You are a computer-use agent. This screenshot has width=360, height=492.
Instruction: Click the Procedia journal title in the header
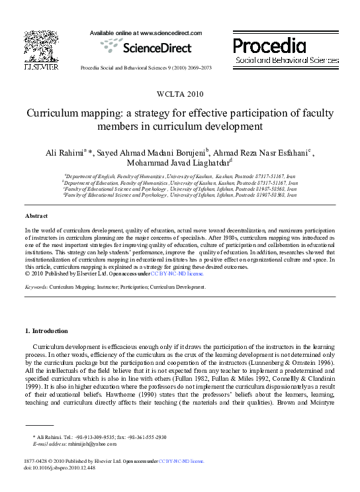(x=269, y=45)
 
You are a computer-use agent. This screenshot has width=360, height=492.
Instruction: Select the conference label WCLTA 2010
(x=179, y=93)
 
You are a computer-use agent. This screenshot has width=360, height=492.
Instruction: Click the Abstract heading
(x=36, y=217)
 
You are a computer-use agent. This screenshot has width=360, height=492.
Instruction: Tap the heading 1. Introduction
(x=46, y=330)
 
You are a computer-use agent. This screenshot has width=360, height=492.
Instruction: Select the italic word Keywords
(x=35, y=287)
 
